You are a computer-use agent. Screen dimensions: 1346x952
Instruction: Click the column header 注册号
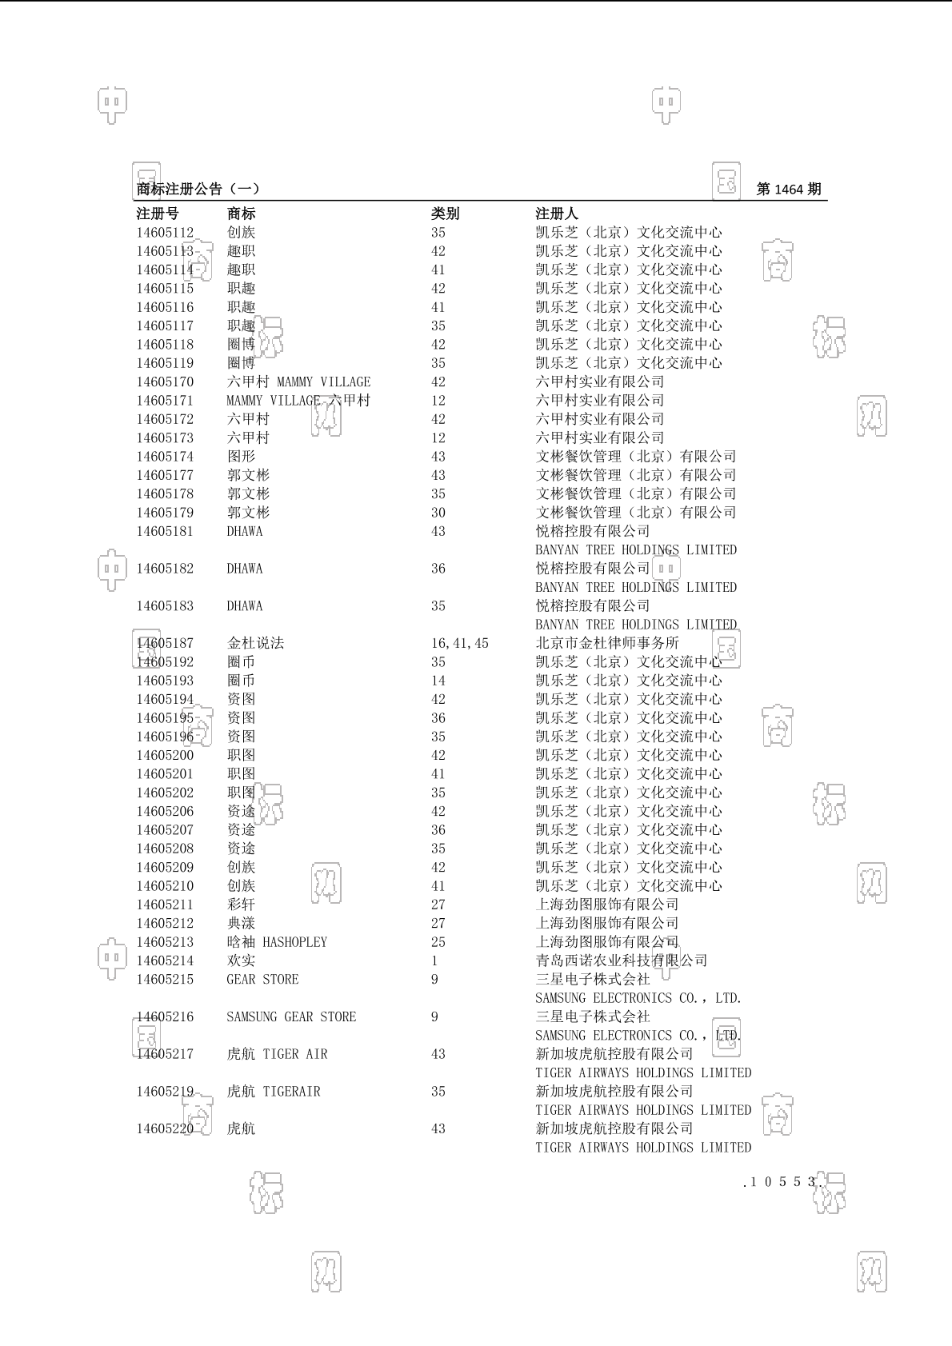click(x=158, y=214)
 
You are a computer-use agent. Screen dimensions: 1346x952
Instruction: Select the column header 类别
click(x=445, y=214)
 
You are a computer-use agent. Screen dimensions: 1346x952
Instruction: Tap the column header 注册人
click(x=556, y=214)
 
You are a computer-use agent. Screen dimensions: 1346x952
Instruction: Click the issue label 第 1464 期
click(x=788, y=190)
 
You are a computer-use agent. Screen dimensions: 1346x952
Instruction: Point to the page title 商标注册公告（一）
click(x=198, y=190)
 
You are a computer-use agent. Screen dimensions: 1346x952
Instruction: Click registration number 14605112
click(x=165, y=233)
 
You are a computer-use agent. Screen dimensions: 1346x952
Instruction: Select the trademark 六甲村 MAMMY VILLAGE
click(x=298, y=382)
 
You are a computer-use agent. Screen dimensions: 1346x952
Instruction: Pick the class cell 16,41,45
click(x=459, y=644)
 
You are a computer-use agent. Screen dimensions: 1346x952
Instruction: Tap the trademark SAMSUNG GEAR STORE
click(x=291, y=1017)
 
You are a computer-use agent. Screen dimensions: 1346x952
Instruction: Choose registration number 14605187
click(x=165, y=644)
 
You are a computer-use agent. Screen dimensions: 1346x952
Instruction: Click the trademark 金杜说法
click(x=255, y=644)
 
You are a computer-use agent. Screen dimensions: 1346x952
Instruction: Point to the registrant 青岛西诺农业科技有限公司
click(x=621, y=961)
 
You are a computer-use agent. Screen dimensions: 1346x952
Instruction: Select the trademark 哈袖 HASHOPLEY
click(x=277, y=942)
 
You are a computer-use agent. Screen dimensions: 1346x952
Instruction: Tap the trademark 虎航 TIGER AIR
click(x=277, y=1054)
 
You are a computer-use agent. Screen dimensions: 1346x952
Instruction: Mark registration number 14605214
click(x=165, y=961)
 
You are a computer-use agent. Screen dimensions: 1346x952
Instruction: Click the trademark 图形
click(x=241, y=457)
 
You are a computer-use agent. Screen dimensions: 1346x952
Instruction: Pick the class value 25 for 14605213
click(x=438, y=942)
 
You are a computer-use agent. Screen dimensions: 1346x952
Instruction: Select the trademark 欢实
click(x=241, y=961)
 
